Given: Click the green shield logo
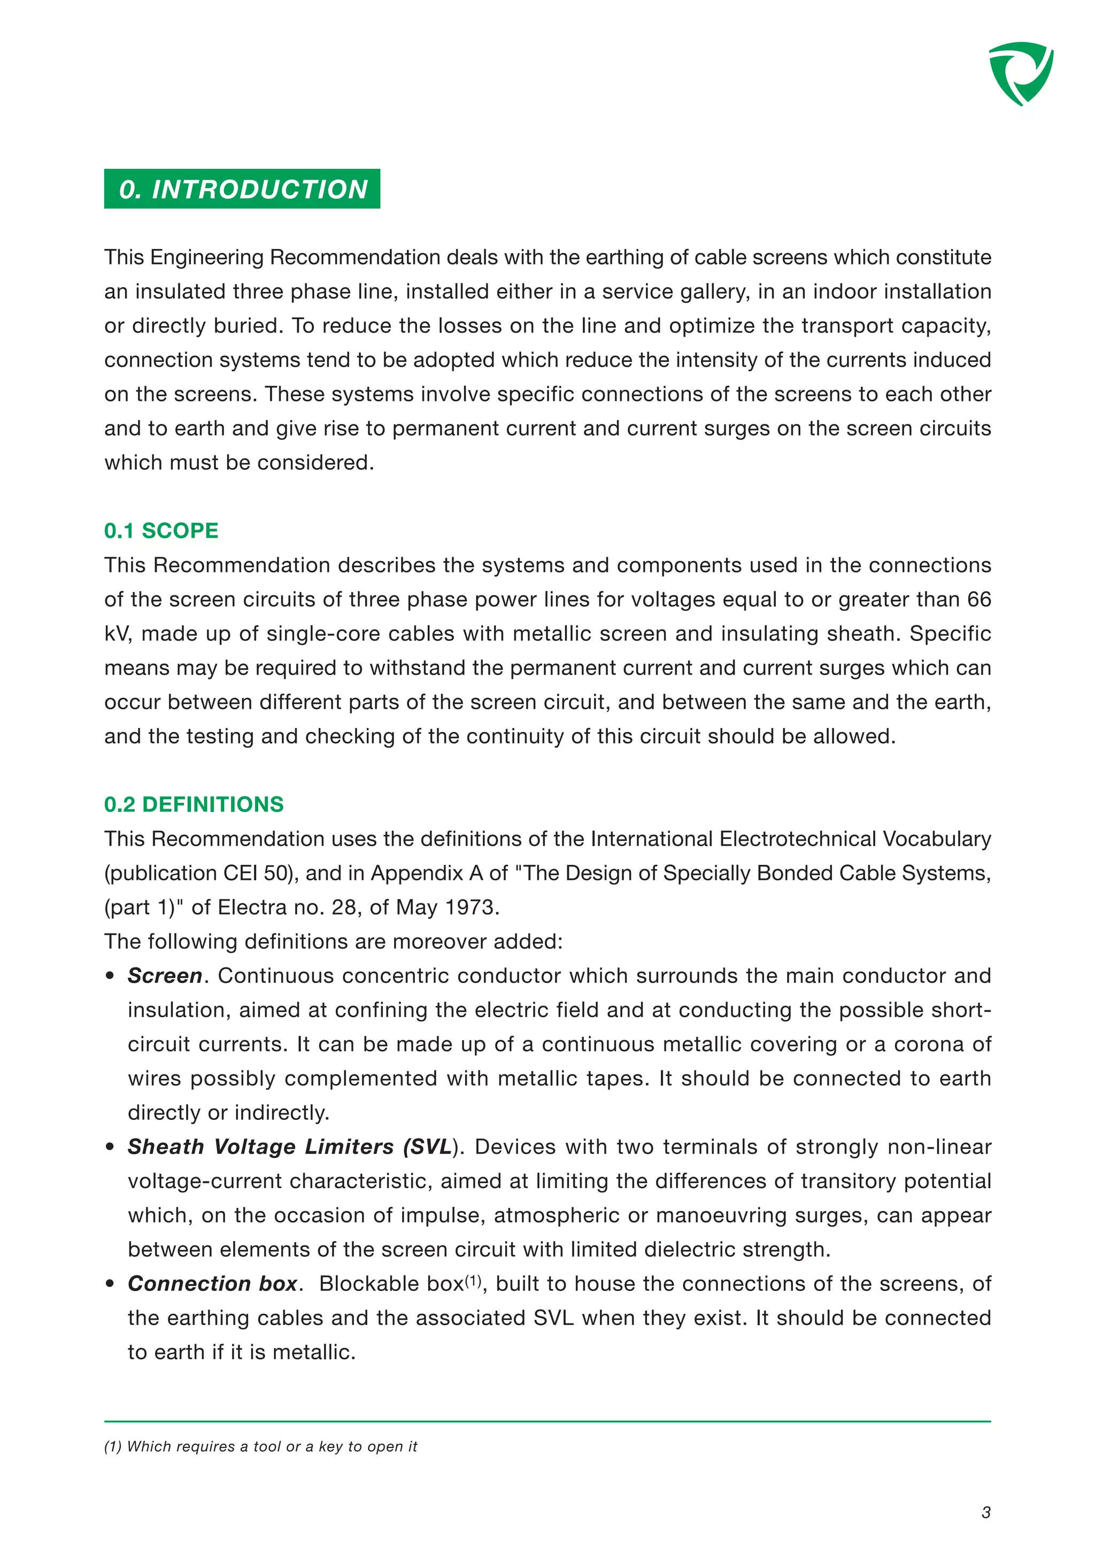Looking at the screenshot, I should tap(1020, 73).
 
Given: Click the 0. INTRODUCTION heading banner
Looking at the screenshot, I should tap(242, 189).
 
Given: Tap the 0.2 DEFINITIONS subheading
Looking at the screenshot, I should tap(194, 804).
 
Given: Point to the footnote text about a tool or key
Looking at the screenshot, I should tap(260, 1446).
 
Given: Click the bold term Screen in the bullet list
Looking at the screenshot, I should tap(165, 975).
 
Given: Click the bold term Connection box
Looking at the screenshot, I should tap(212, 1283).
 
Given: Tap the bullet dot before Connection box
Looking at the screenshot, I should tap(111, 1284).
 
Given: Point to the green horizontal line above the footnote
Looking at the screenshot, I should tap(547, 1421).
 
